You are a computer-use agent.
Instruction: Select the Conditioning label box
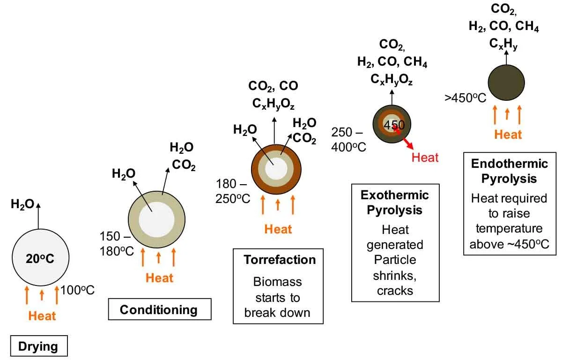(159, 310)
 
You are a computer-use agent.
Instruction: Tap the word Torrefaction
(280, 260)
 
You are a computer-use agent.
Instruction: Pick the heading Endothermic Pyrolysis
(509, 171)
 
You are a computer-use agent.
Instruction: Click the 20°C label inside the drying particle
(41, 257)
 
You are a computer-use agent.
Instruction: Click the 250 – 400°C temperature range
(348, 139)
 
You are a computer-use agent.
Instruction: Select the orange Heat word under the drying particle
(42, 316)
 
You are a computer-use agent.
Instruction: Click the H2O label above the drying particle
(22, 204)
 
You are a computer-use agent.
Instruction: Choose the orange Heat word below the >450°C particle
(508, 135)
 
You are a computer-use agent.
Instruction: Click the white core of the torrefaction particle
(275, 168)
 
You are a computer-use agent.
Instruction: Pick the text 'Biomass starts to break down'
(278, 297)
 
